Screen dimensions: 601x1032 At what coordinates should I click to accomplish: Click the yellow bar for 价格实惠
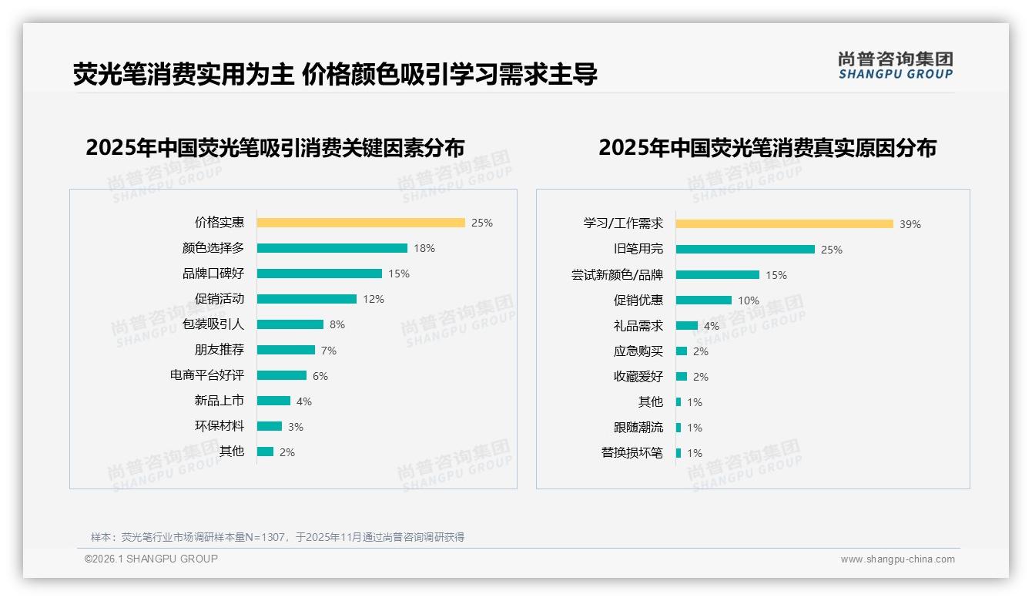pos(360,223)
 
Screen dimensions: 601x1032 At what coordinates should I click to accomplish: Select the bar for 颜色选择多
pos(332,248)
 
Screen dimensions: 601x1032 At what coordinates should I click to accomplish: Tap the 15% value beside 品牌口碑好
pos(399,274)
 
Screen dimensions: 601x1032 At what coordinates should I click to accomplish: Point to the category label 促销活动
pos(219,299)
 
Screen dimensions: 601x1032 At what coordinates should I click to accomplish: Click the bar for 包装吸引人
pos(290,324)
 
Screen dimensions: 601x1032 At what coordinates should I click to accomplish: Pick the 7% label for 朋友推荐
pos(329,351)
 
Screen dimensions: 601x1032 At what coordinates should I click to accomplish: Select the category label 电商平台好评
pos(206,375)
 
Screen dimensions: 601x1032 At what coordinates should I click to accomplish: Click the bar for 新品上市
pos(273,401)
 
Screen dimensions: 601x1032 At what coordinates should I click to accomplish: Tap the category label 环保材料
pos(219,426)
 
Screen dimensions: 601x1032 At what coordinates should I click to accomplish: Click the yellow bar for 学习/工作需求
pos(784,224)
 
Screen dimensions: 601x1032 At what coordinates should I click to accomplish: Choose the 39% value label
pos(910,224)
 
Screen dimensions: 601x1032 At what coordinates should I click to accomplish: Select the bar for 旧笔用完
pos(745,250)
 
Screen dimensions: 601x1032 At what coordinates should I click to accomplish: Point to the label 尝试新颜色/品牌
pos(617,275)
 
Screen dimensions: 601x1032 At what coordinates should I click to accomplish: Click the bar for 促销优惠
pos(703,300)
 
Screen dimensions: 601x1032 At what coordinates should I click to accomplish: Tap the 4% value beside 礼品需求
pos(712,326)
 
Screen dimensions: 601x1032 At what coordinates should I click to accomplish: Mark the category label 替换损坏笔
pos(632,452)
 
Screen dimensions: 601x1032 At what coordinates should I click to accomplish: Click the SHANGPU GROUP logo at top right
pos(895,65)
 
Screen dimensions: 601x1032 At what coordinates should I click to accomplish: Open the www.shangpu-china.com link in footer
pos(897,559)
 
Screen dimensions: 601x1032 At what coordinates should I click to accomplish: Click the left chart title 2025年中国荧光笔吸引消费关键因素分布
pos(275,147)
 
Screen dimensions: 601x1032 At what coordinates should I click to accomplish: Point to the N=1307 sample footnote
pos(277,537)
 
